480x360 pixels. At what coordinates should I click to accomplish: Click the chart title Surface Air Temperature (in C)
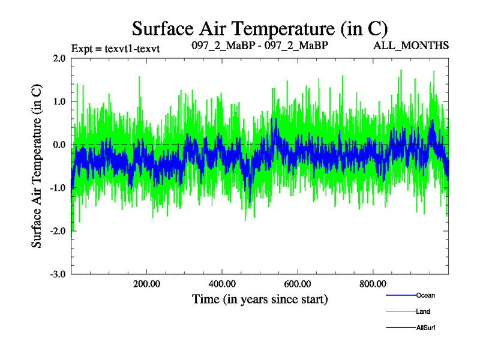260,28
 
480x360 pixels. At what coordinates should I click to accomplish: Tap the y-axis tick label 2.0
59,59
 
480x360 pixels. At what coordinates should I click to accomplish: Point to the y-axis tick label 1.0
59,102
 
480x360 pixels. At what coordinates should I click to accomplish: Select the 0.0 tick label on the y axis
59,145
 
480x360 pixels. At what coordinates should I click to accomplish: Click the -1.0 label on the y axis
58,188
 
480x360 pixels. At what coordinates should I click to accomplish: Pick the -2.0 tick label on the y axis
58,231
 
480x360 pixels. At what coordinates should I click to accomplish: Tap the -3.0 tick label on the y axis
58,274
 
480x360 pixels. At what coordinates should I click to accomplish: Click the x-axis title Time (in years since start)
260,298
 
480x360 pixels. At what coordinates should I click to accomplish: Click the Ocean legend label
425,295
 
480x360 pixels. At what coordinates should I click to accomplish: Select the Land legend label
423,311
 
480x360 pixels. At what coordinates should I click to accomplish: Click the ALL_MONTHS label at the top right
412,46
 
